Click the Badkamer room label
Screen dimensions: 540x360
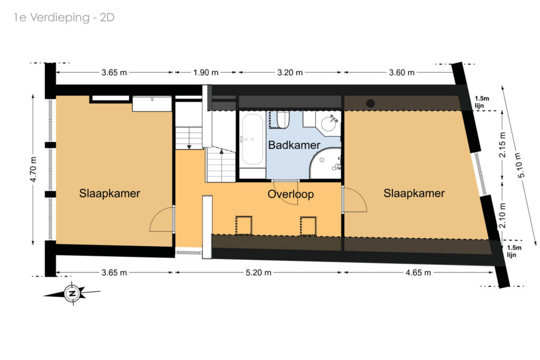(x=294, y=145)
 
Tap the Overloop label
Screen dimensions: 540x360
(x=291, y=194)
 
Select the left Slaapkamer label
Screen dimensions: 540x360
(x=110, y=193)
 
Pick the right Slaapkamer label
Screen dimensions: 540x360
(x=414, y=193)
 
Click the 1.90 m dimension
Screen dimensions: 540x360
(x=206, y=73)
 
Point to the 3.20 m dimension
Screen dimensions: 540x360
(x=290, y=73)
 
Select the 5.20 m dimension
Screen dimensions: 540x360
(x=258, y=273)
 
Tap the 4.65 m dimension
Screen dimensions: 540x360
(x=418, y=273)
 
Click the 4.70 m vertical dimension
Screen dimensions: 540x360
(x=33, y=169)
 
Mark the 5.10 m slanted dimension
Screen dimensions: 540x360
(x=521, y=165)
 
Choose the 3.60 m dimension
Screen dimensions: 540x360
(x=401, y=73)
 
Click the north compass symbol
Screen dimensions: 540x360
(x=72, y=294)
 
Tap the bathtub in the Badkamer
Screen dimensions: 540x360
(x=252, y=139)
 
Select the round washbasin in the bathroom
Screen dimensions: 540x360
(x=328, y=123)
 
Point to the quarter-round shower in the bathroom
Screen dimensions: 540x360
(x=325, y=163)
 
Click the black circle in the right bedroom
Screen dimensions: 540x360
(x=370, y=103)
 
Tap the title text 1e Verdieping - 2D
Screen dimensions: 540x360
(x=64, y=17)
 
